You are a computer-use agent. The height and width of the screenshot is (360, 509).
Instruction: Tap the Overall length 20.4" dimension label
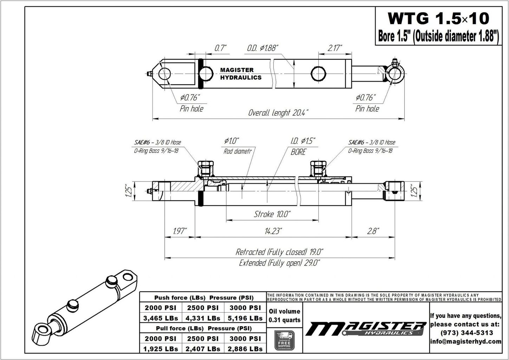[x=278, y=113]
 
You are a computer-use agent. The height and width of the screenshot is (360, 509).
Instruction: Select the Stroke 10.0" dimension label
[x=272, y=214]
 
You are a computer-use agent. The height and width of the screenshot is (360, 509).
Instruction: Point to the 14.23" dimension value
[x=273, y=231]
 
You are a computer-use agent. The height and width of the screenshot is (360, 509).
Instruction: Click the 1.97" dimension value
[x=180, y=231]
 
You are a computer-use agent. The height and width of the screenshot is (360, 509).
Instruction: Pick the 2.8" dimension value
[x=372, y=231]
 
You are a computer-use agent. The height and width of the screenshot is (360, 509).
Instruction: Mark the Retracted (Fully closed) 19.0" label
[x=279, y=252]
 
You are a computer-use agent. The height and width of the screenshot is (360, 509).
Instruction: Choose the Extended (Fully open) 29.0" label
[x=279, y=263]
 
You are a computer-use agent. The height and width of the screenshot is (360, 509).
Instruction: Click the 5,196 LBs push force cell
[x=245, y=318]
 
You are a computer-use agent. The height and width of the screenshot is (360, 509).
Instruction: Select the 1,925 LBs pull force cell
[x=161, y=349]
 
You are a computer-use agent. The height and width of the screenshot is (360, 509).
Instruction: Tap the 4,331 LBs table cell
[x=203, y=318]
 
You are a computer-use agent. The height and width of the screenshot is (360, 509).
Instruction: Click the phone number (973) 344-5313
[x=465, y=333]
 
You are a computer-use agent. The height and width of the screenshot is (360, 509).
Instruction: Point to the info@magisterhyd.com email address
[x=465, y=341]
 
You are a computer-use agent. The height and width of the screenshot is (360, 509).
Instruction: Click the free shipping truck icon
[x=284, y=340]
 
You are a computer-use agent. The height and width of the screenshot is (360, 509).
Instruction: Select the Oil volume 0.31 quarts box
[x=284, y=315]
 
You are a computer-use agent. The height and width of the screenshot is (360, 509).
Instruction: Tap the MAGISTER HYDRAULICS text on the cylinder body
[x=241, y=74]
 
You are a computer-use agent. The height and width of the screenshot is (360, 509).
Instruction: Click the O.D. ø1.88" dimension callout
[x=262, y=48]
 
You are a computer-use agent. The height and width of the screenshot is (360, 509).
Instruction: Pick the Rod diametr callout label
[x=237, y=151]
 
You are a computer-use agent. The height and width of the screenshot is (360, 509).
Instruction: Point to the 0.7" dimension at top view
[x=221, y=48]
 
